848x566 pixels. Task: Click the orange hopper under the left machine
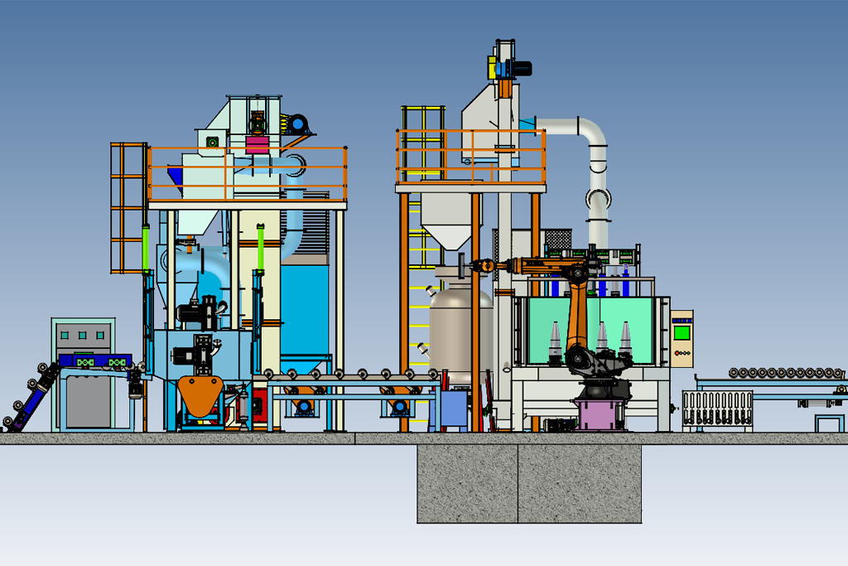coord(201,395)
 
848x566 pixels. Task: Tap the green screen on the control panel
coord(682,332)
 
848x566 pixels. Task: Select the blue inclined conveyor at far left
coord(33,396)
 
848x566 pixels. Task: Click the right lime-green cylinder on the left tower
coord(260,246)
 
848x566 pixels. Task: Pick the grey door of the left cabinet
coord(83,403)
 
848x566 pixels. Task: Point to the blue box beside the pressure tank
coord(453,408)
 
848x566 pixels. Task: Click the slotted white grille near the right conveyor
coord(717,408)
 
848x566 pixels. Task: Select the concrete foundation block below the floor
coord(529,484)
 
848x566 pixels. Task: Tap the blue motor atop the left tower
coord(296,124)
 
